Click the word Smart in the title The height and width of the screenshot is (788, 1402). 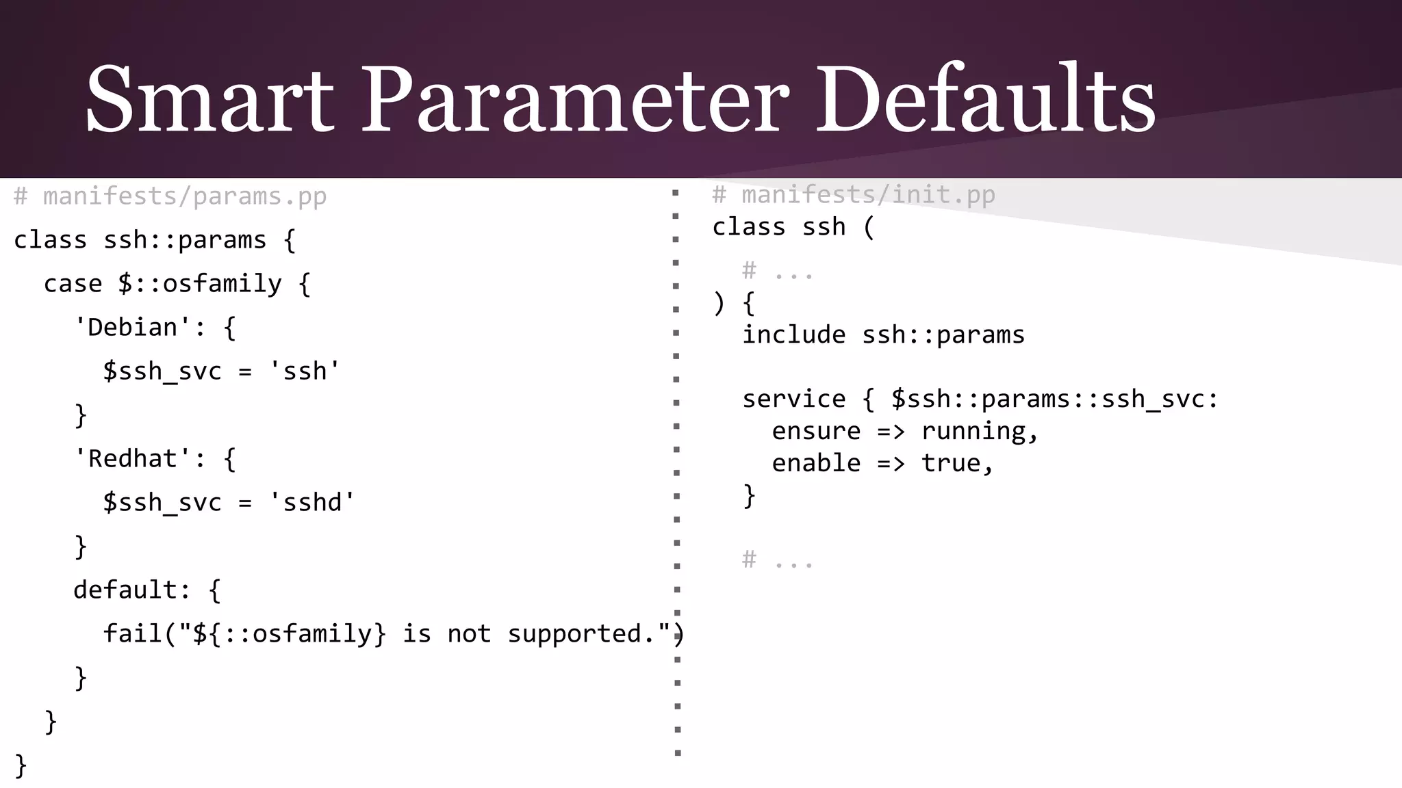point(209,99)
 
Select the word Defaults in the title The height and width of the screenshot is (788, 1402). point(986,99)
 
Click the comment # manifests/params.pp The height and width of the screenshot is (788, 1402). point(170,197)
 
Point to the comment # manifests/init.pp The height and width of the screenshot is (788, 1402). point(854,196)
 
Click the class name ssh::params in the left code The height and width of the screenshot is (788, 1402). point(185,241)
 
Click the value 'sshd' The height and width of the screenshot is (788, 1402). point(312,503)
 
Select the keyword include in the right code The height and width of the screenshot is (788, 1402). point(794,335)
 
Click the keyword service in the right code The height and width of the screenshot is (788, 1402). point(794,399)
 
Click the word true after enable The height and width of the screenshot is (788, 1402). point(951,464)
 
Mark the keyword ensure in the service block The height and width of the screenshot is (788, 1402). point(816,432)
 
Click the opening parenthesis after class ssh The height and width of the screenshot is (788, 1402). point(869,227)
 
